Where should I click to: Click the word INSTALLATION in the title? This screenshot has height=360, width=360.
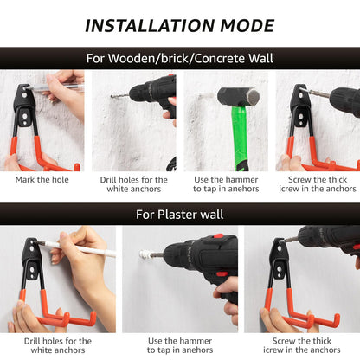[x=150, y=26]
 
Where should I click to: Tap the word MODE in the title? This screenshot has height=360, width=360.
[x=247, y=26]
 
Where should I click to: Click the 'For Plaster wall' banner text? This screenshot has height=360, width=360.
[x=180, y=215]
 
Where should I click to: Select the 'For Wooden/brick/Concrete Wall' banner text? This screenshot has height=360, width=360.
[x=180, y=58]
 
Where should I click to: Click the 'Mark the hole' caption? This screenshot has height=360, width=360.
[x=42, y=180]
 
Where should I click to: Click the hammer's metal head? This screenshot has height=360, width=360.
[x=238, y=97]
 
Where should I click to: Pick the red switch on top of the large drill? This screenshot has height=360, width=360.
[x=218, y=236]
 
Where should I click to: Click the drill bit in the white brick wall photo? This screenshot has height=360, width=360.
[x=119, y=95]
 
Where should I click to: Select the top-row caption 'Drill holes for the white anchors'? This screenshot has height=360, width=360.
[x=134, y=184]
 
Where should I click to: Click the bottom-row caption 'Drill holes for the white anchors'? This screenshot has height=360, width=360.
[x=58, y=345]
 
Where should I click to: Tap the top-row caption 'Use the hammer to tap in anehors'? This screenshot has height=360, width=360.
[x=226, y=184]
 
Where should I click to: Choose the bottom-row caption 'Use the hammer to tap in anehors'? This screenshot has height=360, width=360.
[x=180, y=345]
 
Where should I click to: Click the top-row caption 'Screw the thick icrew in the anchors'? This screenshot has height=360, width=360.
[x=318, y=184]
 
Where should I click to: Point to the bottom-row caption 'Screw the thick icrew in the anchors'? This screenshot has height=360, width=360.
[x=302, y=345]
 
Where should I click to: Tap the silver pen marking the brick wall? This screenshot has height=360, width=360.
[x=55, y=87]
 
